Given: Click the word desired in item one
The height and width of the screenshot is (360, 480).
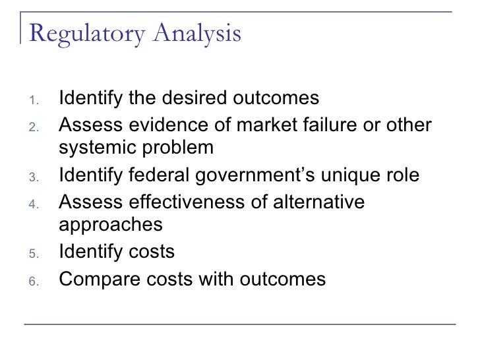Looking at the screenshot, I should (193, 99).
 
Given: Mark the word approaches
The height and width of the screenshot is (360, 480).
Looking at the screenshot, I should (111, 225).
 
